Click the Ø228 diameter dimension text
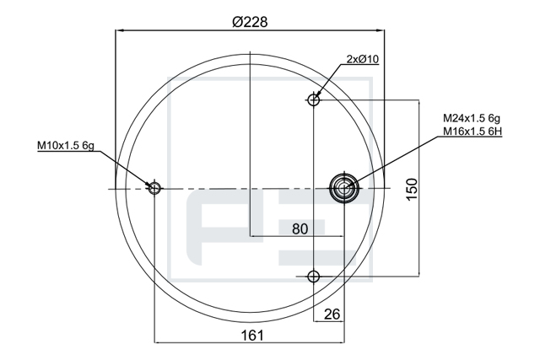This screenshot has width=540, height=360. [250, 22]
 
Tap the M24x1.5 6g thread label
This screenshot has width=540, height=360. [472, 118]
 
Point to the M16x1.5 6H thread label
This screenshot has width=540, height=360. [472, 132]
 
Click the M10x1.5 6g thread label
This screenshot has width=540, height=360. [66, 145]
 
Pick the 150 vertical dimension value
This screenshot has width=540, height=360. [412, 189]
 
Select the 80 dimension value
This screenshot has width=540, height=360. [300, 228]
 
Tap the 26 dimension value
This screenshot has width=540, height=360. [332, 314]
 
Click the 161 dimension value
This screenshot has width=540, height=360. [252, 336]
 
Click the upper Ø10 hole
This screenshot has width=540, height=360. [313, 99]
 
